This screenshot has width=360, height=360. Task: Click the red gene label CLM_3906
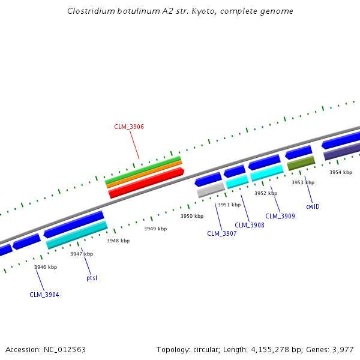tap(129, 127)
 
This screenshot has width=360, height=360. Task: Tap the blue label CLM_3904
tap(44, 295)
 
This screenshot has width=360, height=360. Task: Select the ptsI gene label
tap(92, 278)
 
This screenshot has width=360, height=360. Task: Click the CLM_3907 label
tap(222, 233)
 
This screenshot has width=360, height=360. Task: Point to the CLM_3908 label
tap(250, 225)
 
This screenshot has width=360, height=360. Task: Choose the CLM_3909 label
tap(280, 216)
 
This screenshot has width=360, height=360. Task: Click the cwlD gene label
tap(313, 206)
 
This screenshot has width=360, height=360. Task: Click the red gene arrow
tap(146, 183)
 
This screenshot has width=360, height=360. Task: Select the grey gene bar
tap(211, 190)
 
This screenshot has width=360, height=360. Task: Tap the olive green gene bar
tap(301, 163)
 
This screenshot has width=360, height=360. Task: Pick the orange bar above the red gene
tap(144, 173)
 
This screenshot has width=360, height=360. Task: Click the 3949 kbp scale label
tap(155, 229)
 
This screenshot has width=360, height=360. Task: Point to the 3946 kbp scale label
tap(46, 267)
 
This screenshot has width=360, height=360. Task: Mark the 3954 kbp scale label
tap(341, 172)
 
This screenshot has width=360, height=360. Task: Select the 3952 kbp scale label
tap(266, 193)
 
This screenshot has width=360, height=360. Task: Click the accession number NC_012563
tap(64, 349)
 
